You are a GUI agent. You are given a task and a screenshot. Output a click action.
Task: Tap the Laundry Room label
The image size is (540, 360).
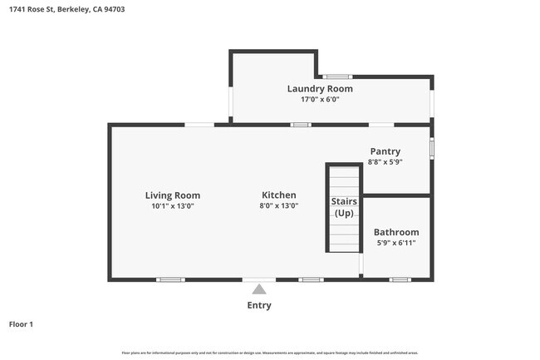point(320,89)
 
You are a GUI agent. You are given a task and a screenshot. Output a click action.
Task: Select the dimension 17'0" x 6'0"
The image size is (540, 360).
point(320,100)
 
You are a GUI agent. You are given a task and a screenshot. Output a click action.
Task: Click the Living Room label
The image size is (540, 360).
point(173,195)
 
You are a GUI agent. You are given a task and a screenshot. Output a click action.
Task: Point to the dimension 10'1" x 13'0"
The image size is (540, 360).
point(173,206)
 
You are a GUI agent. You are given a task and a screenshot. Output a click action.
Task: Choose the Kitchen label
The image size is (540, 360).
point(278,195)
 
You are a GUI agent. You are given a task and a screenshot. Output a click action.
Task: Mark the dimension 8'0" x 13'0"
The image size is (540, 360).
point(278,206)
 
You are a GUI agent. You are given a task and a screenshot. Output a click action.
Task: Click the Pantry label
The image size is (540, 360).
point(385,151)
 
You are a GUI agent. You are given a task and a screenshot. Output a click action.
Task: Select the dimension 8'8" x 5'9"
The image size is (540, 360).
point(385,162)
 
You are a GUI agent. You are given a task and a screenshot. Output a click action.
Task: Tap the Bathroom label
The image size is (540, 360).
point(396,232)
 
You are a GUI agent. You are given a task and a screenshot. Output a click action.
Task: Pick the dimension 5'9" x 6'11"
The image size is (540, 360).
point(396,243)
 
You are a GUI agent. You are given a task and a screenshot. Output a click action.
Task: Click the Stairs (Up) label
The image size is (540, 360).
point(344,207)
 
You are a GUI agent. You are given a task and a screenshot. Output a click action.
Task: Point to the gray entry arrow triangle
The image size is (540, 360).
point(259,289)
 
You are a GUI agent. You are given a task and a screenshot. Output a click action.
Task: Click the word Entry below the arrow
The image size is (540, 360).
point(259,305)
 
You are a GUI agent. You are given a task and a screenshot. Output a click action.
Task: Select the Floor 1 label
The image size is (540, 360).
point(21,324)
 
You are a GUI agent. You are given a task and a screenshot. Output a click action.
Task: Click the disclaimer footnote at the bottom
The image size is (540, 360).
point(269,353)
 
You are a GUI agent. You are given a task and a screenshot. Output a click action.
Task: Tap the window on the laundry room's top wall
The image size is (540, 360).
point(336,76)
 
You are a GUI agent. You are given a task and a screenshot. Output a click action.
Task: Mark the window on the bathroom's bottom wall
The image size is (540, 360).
point(400,279)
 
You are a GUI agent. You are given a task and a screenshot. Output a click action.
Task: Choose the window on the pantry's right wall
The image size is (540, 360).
point(431,148)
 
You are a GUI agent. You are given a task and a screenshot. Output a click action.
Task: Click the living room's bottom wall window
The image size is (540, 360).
point(170,279)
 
